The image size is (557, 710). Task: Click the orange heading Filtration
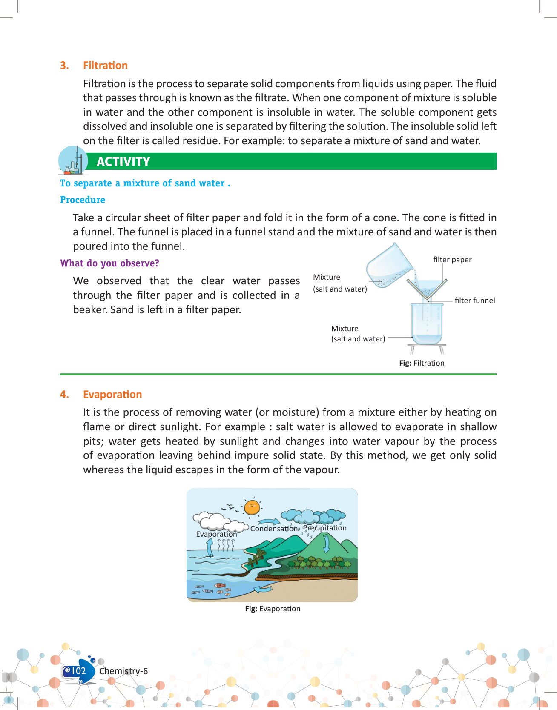(105, 66)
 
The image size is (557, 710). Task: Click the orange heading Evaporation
(112, 395)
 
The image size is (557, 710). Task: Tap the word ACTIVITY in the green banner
(123, 162)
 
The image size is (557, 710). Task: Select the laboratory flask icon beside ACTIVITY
(73, 161)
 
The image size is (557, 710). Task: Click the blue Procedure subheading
(83, 200)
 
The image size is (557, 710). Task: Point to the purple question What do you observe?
(109, 263)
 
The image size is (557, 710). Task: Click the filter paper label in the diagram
(452, 260)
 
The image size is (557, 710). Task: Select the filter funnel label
(475, 301)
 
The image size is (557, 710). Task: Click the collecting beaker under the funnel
(427, 324)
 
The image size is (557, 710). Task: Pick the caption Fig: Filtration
(422, 363)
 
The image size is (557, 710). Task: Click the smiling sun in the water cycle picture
(252, 507)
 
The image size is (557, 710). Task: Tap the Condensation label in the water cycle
(274, 529)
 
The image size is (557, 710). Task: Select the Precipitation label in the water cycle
(325, 528)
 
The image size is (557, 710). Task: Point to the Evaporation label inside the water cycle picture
(216, 534)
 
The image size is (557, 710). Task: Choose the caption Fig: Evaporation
(273, 609)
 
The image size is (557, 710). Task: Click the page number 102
(78, 671)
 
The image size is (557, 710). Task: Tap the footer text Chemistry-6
(123, 671)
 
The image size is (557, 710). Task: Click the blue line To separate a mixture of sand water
(145, 183)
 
